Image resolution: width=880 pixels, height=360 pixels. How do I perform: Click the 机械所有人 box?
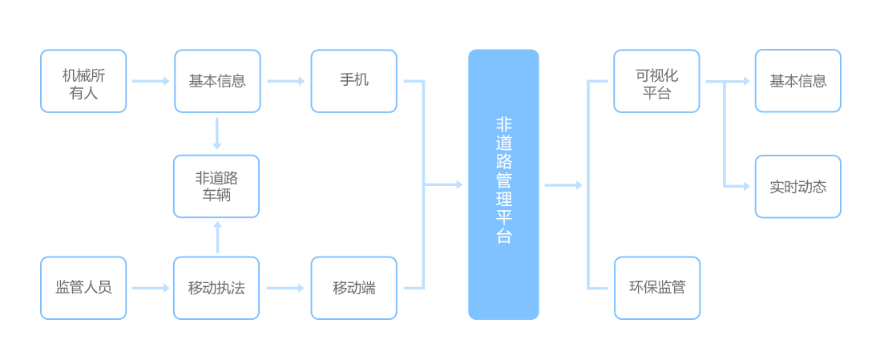pyautogui.click(x=83, y=81)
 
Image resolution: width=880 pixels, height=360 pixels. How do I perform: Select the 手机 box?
pyautogui.click(x=353, y=81)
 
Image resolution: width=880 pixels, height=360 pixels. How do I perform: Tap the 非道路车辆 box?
pyautogui.click(x=216, y=186)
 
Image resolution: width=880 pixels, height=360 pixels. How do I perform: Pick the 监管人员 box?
pyautogui.click(x=83, y=288)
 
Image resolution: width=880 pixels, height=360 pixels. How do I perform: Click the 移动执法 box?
pyautogui.click(x=216, y=288)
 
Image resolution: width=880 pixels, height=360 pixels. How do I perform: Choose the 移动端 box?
pyautogui.click(x=353, y=288)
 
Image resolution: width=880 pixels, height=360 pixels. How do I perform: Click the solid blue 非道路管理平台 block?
pyautogui.click(x=503, y=184)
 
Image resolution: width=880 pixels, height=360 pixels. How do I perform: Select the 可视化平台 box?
pyautogui.click(x=656, y=81)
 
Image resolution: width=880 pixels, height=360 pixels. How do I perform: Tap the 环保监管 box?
pyautogui.click(x=656, y=288)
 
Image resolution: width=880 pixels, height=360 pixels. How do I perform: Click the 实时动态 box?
pyautogui.click(x=797, y=186)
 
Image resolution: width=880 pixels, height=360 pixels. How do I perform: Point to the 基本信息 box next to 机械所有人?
pyautogui.click(x=217, y=81)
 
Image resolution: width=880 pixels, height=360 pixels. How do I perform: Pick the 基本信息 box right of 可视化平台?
pyautogui.click(x=797, y=81)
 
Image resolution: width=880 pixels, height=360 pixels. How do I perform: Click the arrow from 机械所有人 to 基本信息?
pyautogui.click(x=150, y=81)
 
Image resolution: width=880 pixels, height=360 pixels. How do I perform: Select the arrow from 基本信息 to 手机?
pyautogui.click(x=285, y=81)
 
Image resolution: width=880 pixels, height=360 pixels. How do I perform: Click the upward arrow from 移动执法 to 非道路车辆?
pyautogui.click(x=217, y=237)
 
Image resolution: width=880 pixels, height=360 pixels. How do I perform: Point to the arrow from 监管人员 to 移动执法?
pyautogui.click(x=150, y=288)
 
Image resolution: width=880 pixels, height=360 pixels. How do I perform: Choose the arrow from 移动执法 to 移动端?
pyautogui.click(x=285, y=288)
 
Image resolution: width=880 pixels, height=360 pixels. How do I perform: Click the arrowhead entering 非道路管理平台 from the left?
pyautogui.click(x=459, y=184)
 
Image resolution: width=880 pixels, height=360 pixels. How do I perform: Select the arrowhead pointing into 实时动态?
pyautogui.click(x=746, y=186)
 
